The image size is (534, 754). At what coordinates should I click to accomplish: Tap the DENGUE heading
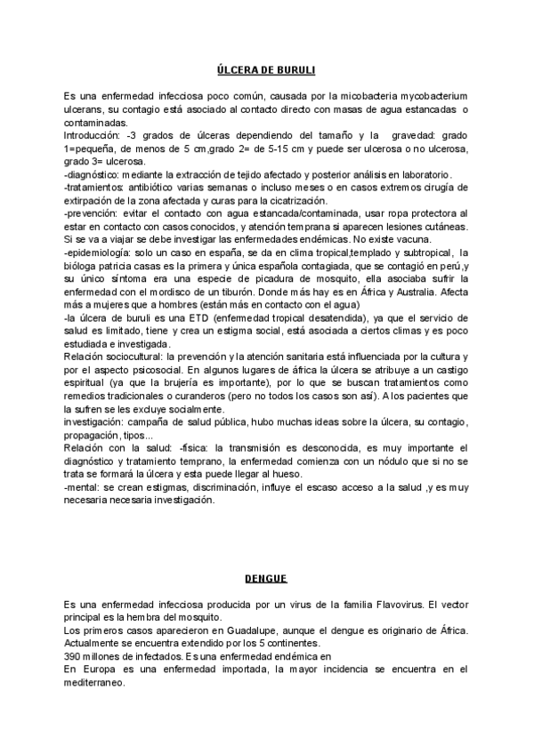(x=267, y=579)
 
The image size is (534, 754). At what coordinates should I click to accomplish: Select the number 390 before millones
(x=72, y=657)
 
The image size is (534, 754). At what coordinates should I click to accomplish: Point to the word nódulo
(x=382, y=461)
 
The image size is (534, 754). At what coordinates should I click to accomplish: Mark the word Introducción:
(x=93, y=134)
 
